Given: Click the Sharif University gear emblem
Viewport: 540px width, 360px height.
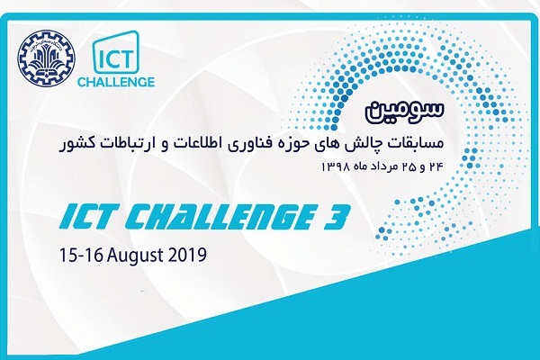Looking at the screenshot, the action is [x=46, y=59].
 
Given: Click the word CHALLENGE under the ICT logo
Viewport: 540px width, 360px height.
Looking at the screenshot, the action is [x=116, y=82].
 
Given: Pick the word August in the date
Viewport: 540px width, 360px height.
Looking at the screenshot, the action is [x=135, y=256].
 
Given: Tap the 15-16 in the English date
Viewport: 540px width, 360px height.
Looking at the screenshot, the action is [x=82, y=256].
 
